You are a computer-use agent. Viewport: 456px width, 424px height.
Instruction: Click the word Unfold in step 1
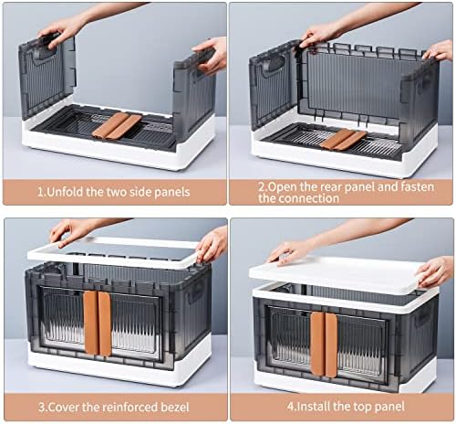pos(66,192)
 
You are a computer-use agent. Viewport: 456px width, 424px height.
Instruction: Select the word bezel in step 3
pos(173,408)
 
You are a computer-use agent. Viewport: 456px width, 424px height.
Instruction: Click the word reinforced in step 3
pos(128,408)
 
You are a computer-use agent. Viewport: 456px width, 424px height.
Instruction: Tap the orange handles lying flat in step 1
pos(117,125)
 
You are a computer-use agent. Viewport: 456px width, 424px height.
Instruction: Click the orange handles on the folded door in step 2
pos(344,140)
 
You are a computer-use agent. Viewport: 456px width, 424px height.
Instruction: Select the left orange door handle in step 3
pos(90,323)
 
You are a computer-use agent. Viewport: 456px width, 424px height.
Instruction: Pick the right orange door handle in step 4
pos(331,344)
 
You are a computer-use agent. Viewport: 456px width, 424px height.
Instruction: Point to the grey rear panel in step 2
pos(358,84)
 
